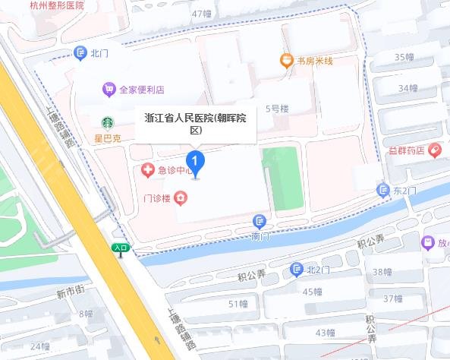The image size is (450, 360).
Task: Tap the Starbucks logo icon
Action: [108, 123]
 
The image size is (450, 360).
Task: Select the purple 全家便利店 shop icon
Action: [109, 90]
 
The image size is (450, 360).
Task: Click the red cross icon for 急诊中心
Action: [147, 170]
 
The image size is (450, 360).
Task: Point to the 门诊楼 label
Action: [158, 199]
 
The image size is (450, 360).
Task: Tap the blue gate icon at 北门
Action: [80, 52]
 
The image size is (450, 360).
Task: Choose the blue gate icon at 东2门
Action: [382, 190]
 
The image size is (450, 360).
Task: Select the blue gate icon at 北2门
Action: [296, 270]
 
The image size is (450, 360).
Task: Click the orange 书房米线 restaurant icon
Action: [286, 60]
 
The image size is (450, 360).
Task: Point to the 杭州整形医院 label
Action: [57, 5]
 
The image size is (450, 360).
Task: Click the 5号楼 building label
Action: [277, 109]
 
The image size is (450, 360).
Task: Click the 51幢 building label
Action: [238, 305]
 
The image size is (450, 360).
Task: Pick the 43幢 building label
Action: [325, 332]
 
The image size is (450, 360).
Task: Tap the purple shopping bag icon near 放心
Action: [428, 243]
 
